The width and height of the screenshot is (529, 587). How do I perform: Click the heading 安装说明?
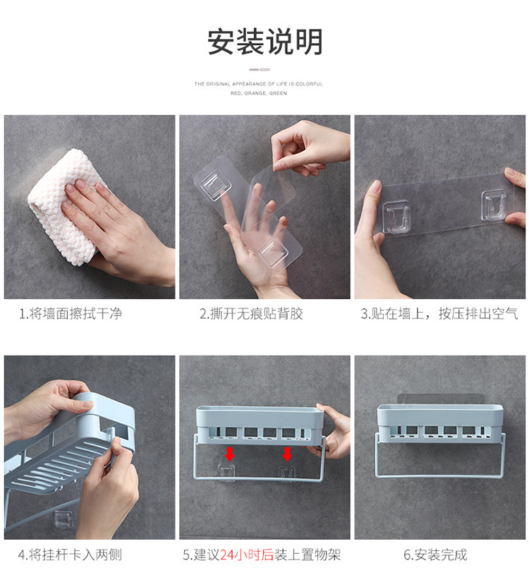(264, 42)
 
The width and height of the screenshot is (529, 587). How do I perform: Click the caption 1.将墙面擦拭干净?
(71, 314)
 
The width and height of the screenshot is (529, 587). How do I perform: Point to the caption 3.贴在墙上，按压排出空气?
(439, 314)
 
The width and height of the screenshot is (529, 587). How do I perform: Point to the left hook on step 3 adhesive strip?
(396, 217)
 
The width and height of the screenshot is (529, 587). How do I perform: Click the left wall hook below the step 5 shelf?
(227, 473)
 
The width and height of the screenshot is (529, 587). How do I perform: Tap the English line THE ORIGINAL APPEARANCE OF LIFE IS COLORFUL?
(259, 84)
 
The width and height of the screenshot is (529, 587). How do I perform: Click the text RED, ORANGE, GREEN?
(259, 93)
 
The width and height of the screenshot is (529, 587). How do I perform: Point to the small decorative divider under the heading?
(259, 69)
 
